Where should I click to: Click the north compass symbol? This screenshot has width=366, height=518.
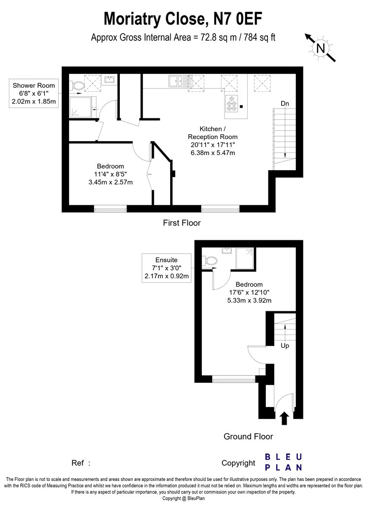(x=320, y=47)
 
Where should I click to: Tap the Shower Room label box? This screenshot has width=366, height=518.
(x=34, y=93)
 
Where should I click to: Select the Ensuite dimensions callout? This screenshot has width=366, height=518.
(x=167, y=268)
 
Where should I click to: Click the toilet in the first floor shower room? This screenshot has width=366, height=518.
(x=77, y=86)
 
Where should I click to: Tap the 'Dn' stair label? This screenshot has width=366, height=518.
(x=285, y=104)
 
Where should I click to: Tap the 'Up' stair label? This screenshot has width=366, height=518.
(x=285, y=345)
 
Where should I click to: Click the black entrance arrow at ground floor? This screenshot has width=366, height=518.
(x=285, y=418)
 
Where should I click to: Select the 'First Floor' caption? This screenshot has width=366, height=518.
(x=182, y=223)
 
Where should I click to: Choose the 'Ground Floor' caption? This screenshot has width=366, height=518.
(x=249, y=437)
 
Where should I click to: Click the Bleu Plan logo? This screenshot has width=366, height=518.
(x=284, y=462)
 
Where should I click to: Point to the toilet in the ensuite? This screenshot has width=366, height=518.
(x=210, y=261)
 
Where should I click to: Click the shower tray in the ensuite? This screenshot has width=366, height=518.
(x=245, y=259)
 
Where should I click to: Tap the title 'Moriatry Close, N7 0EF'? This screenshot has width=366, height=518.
(x=183, y=19)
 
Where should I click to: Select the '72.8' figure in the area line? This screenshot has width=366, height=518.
(x=209, y=37)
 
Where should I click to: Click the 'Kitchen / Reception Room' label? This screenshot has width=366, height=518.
(x=213, y=133)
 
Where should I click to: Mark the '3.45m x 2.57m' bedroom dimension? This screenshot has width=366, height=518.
(x=110, y=182)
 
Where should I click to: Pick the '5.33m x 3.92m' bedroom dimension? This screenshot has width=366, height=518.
(x=250, y=300)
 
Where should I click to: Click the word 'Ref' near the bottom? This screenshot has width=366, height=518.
(x=77, y=463)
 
